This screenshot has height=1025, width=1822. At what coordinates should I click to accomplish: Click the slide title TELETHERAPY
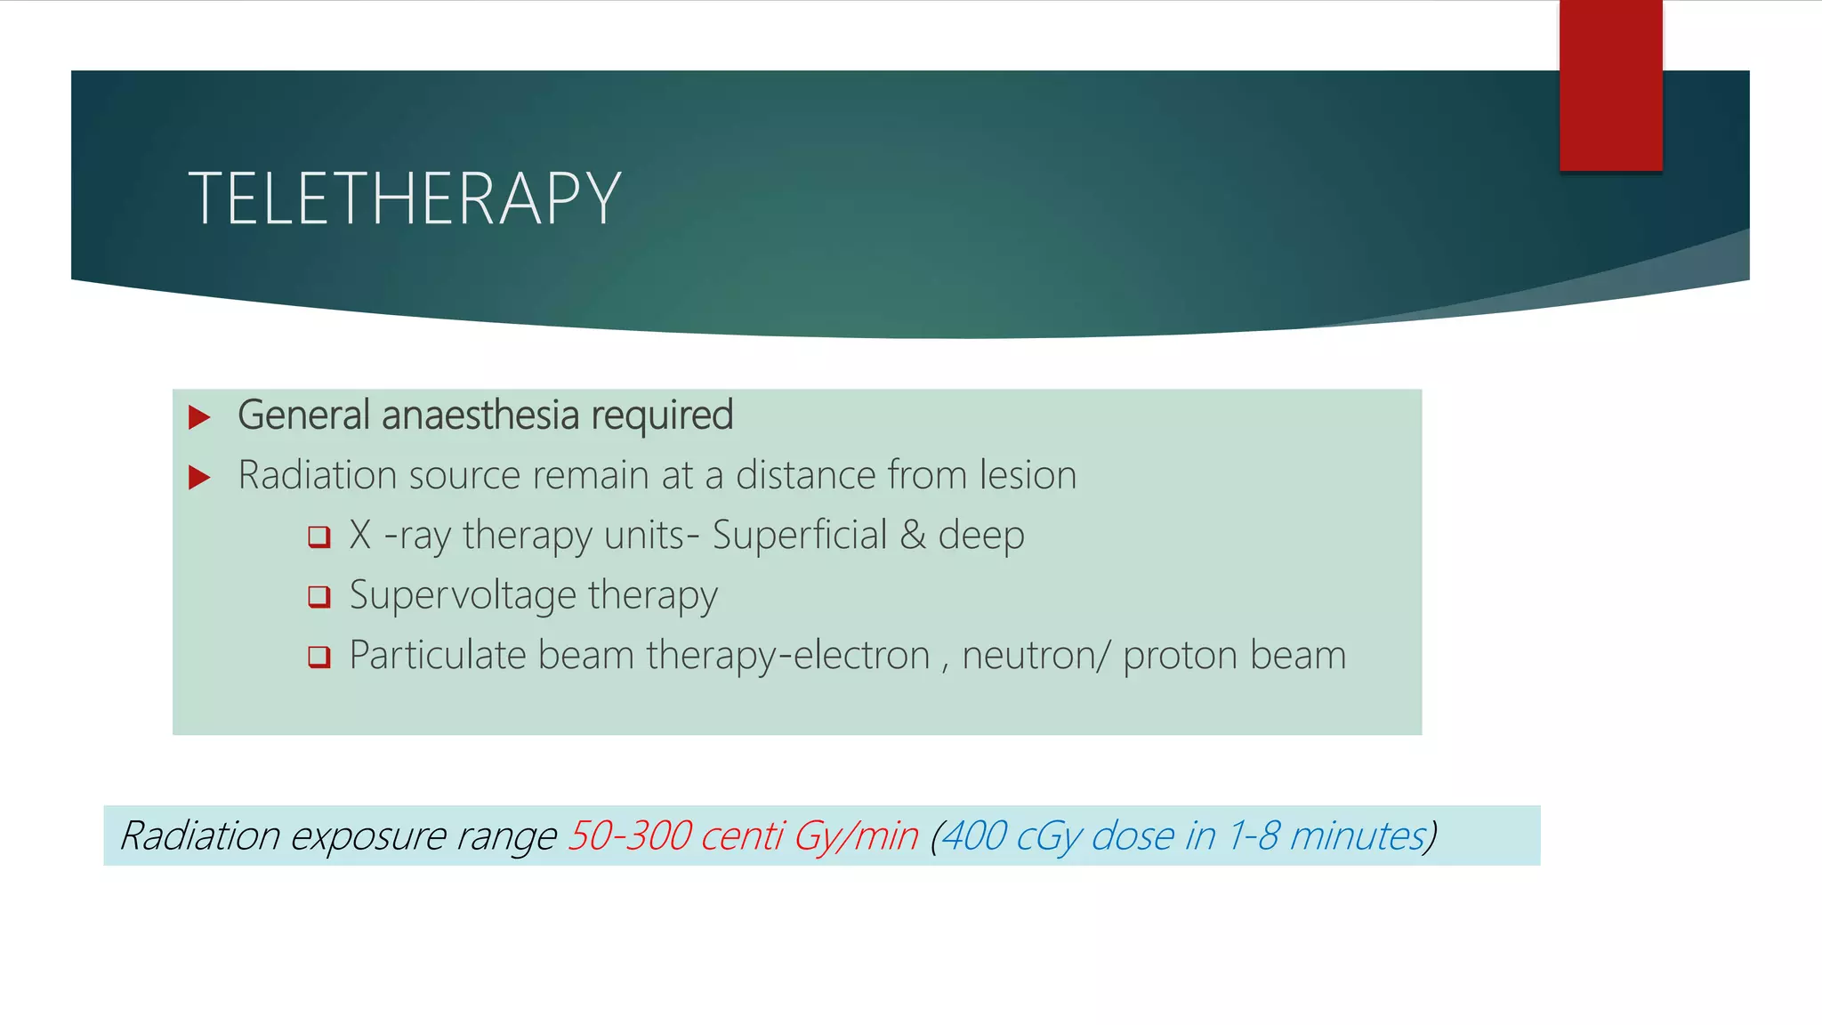tap(405, 198)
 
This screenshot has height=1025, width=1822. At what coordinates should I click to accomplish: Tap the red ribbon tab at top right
tap(1610, 85)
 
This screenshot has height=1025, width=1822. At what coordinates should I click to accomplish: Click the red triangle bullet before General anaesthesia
tap(199, 416)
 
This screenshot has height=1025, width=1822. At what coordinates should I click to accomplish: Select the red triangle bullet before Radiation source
tap(199, 477)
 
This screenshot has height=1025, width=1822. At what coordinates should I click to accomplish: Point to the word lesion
tap(1028, 475)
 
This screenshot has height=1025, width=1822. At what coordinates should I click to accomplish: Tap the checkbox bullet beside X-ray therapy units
tap(319, 537)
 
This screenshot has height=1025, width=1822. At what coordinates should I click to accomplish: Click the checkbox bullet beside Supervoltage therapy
tap(319, 596)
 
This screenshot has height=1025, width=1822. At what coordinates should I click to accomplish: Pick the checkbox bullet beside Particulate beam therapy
tap(319, 657)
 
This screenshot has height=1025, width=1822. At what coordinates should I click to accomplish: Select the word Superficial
tap(800, 536)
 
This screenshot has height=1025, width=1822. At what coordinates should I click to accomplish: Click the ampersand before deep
tap(913, 536)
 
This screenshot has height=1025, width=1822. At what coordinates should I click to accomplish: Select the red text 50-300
tap(630, 836)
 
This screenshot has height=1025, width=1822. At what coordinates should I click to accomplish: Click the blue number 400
tap(972, 836)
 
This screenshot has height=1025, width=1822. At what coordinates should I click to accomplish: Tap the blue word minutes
tap(1358, 836)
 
